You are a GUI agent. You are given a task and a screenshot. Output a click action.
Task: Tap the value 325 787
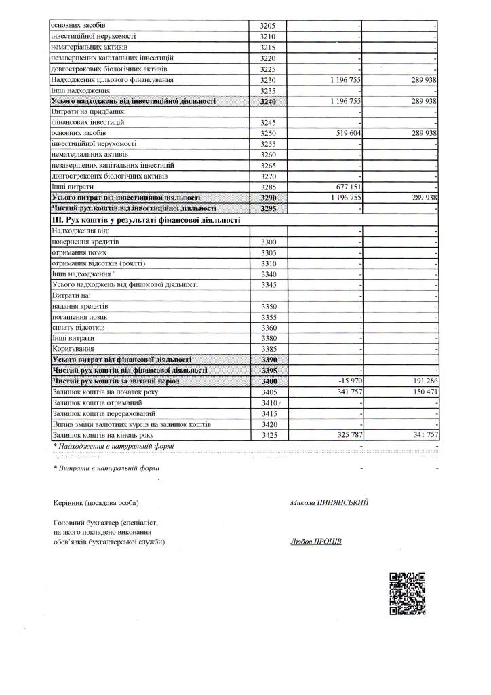[346, 434]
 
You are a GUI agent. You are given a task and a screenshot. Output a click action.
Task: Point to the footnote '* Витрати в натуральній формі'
[106, 468]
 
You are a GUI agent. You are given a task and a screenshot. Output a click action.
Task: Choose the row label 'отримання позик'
[80, 252]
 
